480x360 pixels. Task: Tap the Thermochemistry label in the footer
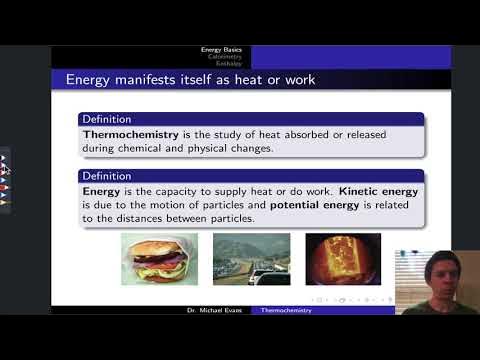(285, 311)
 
